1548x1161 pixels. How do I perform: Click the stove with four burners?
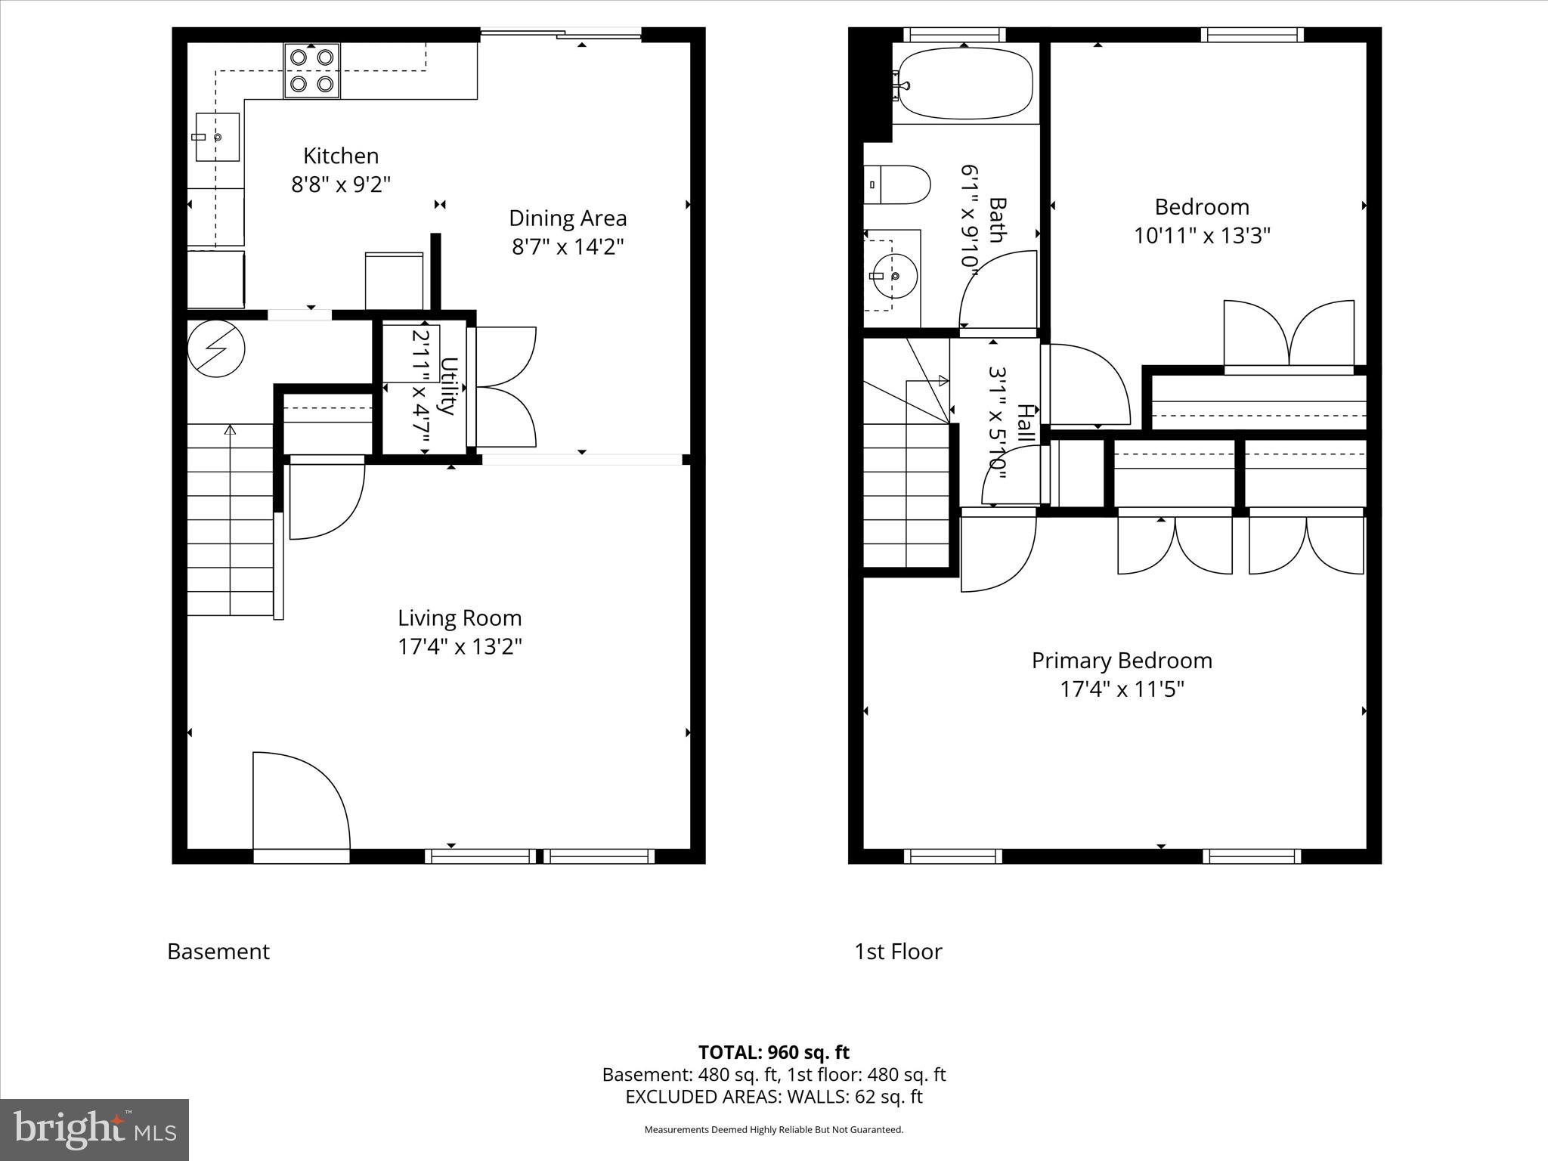[x=312, y=70]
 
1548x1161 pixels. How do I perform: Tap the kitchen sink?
[x=218, y=138]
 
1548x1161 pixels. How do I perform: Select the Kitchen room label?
[x=341, y=156]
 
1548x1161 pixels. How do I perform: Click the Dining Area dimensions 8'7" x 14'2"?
[x=568, y=247]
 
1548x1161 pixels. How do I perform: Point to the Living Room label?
[x=460, y=618]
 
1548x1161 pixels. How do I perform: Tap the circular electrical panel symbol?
[x=216, y=348]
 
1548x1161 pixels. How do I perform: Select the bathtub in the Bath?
[x=964, y=83]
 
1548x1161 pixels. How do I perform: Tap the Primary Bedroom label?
[x=1122, y=661]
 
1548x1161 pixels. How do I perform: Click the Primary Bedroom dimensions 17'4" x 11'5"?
[x=1122, y=689]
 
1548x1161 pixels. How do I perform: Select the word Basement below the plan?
[x=218, y=952]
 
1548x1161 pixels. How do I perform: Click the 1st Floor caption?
[x=898, y=952]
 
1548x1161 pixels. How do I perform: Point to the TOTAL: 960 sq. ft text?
[x=773, y=1052]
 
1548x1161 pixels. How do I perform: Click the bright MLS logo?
[x=94, y=1130]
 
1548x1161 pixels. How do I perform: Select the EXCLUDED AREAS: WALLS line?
[x=773, y=1097]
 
